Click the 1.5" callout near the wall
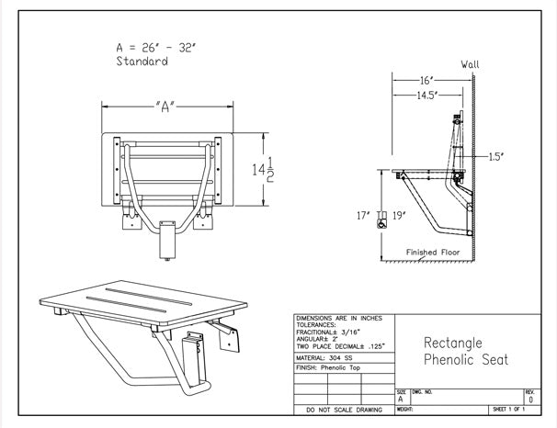[x=495, y=157]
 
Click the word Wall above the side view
[x=470, y=64]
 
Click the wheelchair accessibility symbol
[x=381, y=219]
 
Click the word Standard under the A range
[x=142, y=62]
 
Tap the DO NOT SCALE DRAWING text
[x=343, y=410]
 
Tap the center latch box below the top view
[x=166, y=240]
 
